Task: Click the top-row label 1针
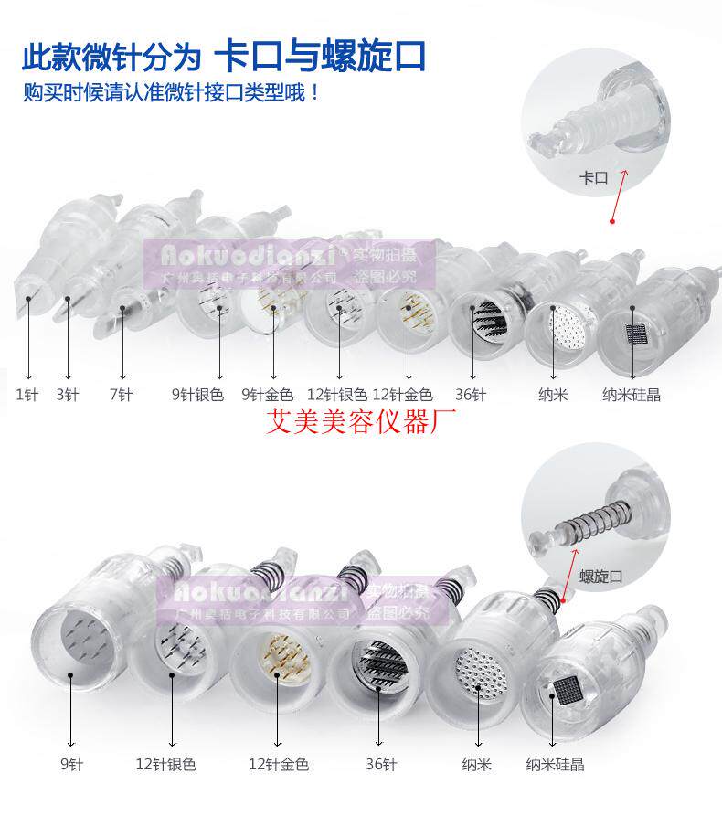coord(27,395)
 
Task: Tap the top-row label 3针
coord(66,395)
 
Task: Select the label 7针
coord(121,395)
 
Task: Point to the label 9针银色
coord(197,395)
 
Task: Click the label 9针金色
coord(267,395)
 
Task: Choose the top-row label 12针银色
coord(337,395)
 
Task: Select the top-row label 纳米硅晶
coord(632,395)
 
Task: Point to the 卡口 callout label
coord(594,178)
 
